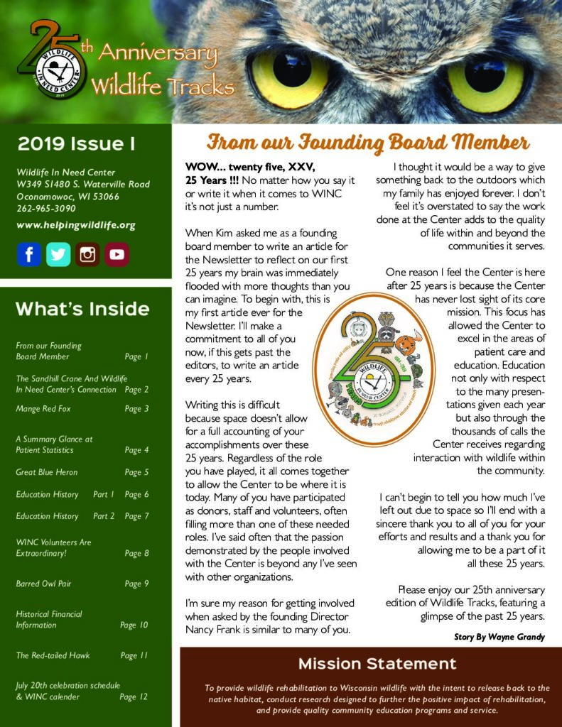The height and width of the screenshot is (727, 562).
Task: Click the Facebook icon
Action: point(29,254)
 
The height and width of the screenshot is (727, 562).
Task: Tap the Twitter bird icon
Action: point(58,254)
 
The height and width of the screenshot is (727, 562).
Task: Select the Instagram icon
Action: point(87,254)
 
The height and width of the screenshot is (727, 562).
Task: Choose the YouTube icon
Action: point(117,254)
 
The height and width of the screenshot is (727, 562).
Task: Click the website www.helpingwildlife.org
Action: point(75,225)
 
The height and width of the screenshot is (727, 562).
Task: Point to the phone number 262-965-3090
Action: point(46,209)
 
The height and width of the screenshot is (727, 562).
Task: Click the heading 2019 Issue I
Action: point(76,144)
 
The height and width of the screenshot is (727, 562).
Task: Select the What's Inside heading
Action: point(82,309)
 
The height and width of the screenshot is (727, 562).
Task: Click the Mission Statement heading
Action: point(377,664)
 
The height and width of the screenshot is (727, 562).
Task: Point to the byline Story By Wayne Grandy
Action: point(499,637)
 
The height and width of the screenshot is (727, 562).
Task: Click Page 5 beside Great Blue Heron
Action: point(136,472)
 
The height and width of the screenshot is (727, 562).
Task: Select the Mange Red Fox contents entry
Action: point(43,409)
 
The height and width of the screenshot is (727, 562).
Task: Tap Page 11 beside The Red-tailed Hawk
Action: point(134,655)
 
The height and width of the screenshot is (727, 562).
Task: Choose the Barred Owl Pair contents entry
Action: point(43,584)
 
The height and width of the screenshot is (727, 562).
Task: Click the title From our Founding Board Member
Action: point(368,143)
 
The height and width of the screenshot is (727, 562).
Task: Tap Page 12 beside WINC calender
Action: point(134,696)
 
